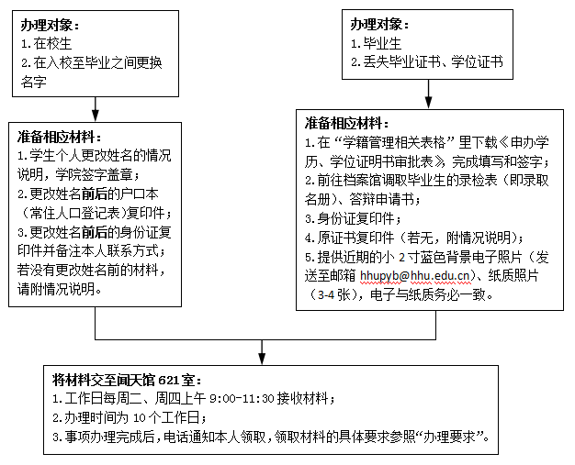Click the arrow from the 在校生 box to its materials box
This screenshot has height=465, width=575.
point(96,107)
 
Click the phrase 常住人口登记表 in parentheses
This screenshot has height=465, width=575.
point(72,211)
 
